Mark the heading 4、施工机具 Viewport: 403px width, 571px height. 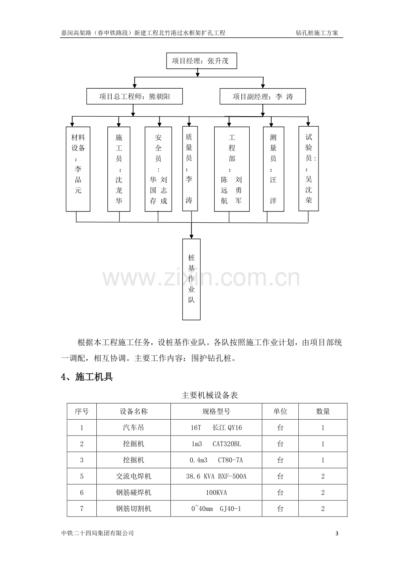(x=87, y=377)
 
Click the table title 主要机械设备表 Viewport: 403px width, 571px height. (x=209, y=395)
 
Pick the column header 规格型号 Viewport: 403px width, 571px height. (x=216, y=411)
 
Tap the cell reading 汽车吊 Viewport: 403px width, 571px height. (x=134, y=428)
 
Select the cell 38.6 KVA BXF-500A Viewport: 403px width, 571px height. (x=216, y=476)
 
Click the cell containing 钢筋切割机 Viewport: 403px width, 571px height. (x=134, y=509)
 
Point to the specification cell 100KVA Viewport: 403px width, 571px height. (x=216, y=492)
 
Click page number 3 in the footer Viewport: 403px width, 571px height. (x=337, y=533)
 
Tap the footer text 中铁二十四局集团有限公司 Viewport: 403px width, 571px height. (x=98, y=533)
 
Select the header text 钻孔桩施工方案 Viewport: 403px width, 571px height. (x=317, y=32)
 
